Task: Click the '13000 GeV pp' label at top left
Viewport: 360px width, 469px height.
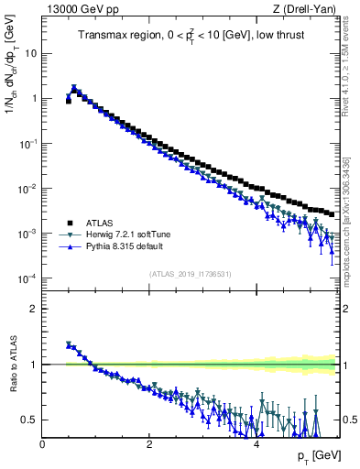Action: click(80, 10)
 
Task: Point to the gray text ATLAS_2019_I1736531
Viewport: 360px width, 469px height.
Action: click(191, 274)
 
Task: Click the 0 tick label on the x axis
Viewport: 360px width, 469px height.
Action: click(42, 444)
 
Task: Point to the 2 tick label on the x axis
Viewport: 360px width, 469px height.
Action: click(148, 444)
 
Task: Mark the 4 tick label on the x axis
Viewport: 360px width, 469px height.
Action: click(256, 444)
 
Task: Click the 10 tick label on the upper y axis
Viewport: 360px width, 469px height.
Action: click(30, 53)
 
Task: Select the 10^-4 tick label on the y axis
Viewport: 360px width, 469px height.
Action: click(27, 278)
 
